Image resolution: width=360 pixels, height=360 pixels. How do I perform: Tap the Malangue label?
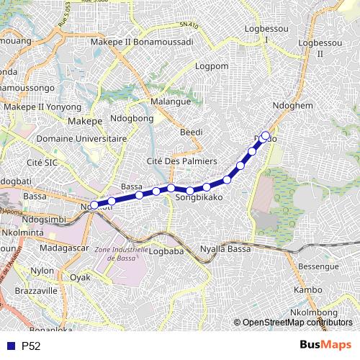pyautogui.click(x=170, y=102)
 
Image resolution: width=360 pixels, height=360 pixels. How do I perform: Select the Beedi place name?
pyautogui.click(x=191, y=132)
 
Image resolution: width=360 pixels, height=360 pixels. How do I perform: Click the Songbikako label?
pyautogui.click(x=197, y=196)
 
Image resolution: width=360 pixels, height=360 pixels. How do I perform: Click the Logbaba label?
pyautogui.click(x=169, y=251)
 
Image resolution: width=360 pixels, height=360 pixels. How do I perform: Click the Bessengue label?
pyautogui.click(x=319, y=266)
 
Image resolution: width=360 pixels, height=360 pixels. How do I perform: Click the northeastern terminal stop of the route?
pyautogui.click(x=265, y=135)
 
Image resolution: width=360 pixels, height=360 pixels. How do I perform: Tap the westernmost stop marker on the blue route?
pyautogui.click(x=94, y=206)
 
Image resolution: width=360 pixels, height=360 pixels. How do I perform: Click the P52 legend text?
pyautogui.click(x=31, y=346)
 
